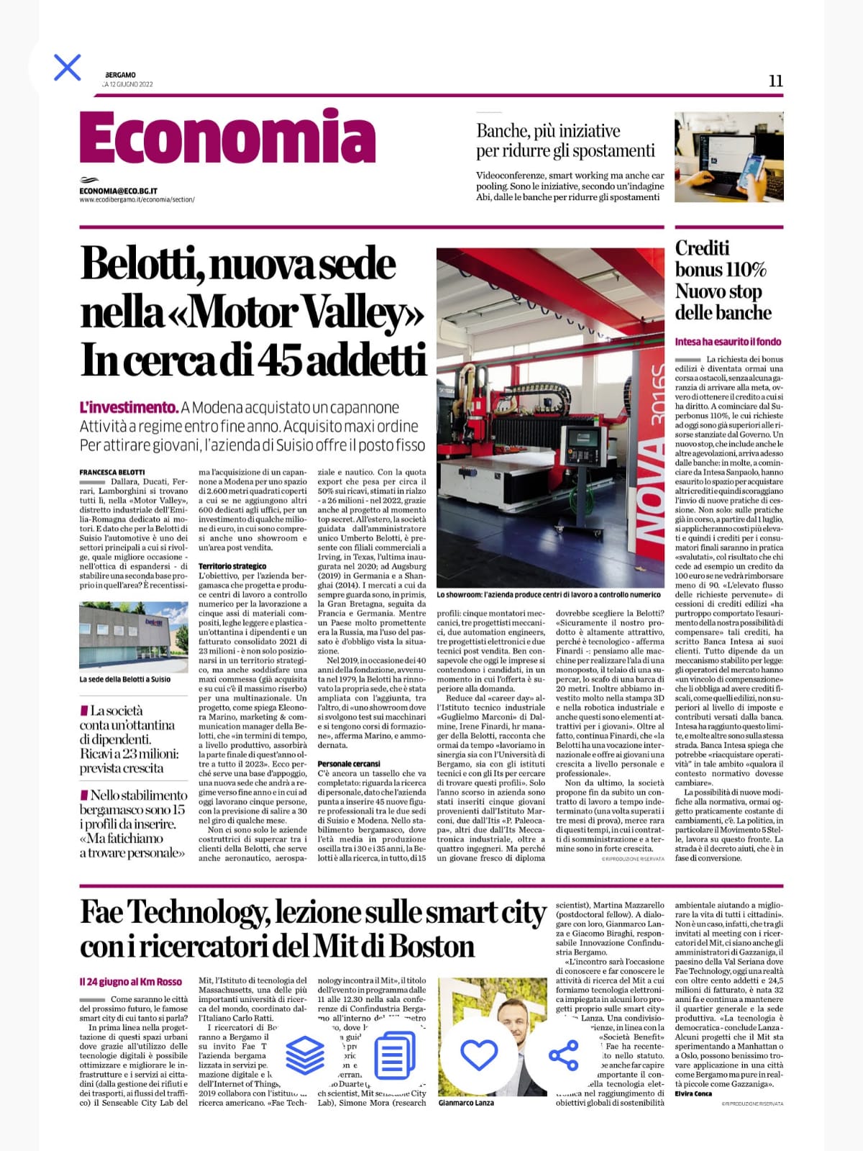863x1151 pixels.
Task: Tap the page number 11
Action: coord(775,81)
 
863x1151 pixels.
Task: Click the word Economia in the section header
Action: coord(227,138)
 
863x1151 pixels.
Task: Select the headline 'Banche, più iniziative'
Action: coord(548,131)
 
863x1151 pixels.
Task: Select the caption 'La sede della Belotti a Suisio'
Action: coord(125,679)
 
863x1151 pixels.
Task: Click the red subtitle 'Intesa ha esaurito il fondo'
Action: coord(728,342)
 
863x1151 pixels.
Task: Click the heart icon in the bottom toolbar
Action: coord(479,1055)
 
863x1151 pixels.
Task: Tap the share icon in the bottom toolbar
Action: coord(563,1055)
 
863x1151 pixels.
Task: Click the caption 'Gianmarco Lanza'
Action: coord(466,1102)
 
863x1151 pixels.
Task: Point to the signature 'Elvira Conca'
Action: coord(693,1093)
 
